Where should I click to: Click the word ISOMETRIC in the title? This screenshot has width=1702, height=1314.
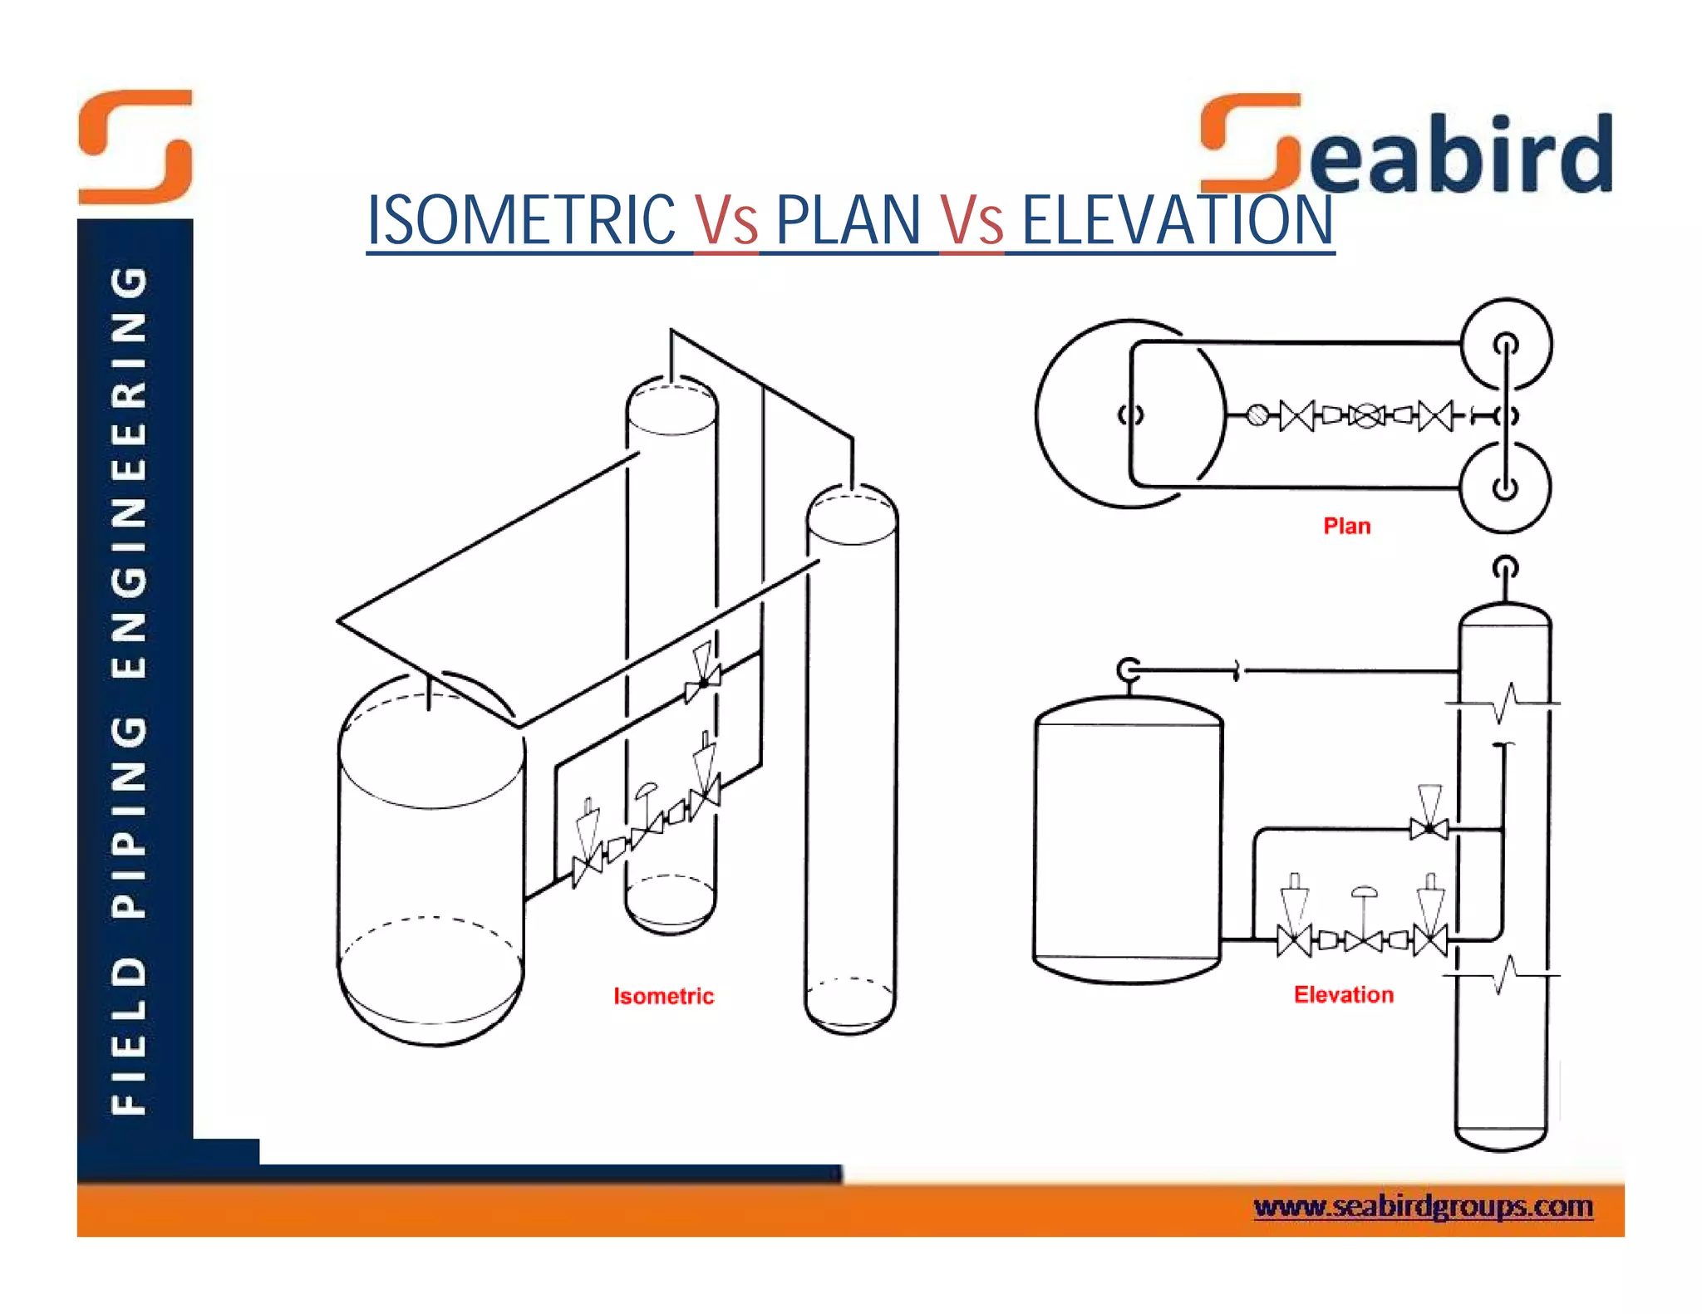[521, 220]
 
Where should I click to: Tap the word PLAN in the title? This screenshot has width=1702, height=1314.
[848, 220]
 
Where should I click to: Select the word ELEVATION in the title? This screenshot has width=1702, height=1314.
[1177, 220]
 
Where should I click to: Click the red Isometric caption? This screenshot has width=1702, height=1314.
[663, 996]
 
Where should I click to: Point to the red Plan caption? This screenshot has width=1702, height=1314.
[1346, 526]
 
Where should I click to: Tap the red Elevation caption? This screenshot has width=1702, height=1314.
[1343, 994]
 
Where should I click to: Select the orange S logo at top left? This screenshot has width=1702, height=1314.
[135, 147]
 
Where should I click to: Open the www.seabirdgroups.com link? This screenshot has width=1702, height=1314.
[1423, 1206]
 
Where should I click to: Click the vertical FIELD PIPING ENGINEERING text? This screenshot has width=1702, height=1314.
[130, 689]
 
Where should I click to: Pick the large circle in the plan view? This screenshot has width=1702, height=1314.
[1080, 414]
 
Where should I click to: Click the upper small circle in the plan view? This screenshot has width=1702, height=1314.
[1506, 343]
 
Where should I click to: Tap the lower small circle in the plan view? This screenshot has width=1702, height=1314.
[1505, 488]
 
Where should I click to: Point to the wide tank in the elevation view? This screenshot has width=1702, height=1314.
[1128, 839]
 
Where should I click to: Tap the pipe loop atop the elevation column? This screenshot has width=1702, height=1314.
[1505, 569]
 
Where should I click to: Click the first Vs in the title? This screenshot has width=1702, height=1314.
[726, 220]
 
